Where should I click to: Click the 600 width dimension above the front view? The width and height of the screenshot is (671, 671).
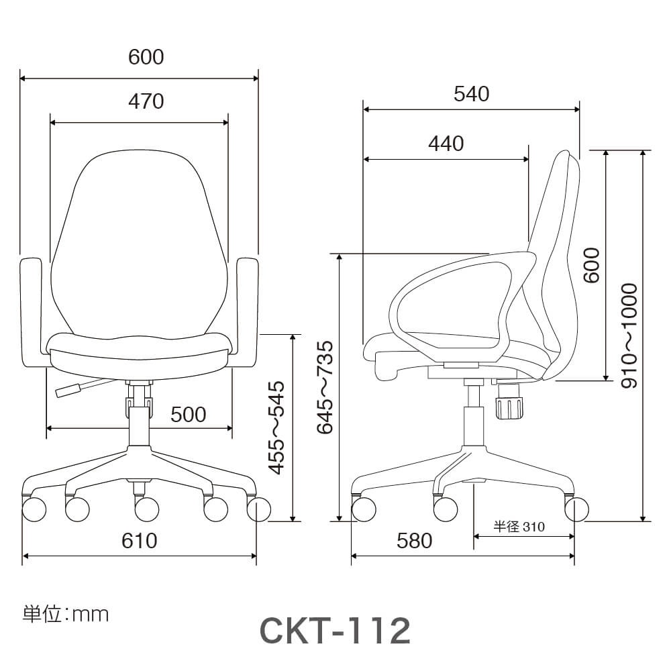point(146,57)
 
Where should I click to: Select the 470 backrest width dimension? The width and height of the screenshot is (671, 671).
point(146,101)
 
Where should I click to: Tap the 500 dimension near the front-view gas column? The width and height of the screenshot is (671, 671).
point(189,414)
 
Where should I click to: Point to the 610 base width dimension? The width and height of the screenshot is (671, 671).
point(140,540)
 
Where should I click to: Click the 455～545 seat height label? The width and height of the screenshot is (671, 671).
point(276,428)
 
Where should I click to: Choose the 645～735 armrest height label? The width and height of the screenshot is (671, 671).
point(325,387)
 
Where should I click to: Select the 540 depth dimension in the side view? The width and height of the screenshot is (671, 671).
point(471,94)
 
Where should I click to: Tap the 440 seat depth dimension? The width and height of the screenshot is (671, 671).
point(446,144)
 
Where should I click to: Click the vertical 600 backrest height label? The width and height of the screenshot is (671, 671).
point(591,265)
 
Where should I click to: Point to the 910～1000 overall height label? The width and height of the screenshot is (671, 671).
point(629,335)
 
